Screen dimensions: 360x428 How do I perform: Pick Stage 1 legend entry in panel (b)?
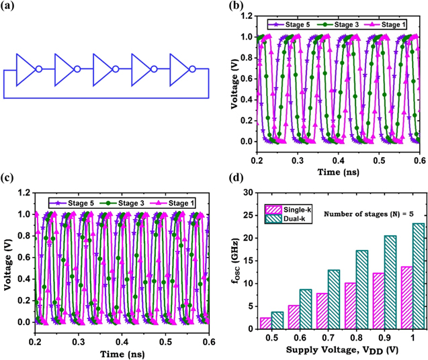coord(384,25)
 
